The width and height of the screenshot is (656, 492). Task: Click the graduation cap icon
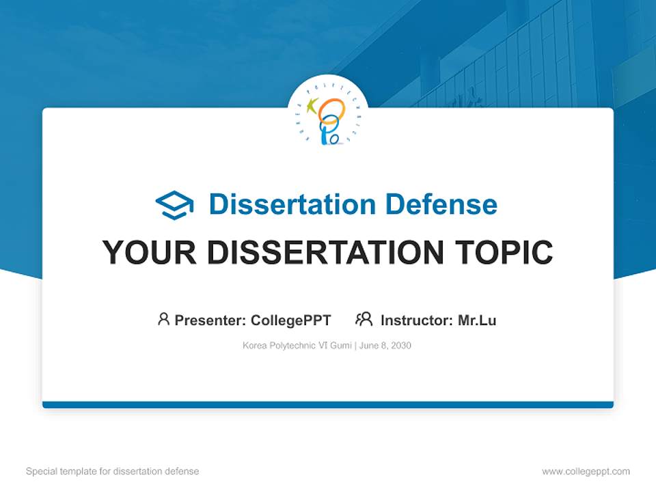(x=174, y=205)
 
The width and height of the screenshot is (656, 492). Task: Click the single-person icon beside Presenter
(x=163, y=319)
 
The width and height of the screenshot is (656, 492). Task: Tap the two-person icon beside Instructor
(x=364, y=319)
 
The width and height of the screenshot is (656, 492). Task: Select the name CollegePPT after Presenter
(x=291, y=320)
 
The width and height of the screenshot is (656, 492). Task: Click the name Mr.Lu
(x=477, y=320)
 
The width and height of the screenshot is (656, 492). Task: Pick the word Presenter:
(x=210, y=320)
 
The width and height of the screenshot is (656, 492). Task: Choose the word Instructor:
(x=417, y=320)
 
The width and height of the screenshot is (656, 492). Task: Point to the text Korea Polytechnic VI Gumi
(x=297, y=346)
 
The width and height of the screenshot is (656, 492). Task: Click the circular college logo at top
(x=328, y=115)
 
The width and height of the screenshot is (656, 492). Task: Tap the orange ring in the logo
(x=332, y=109)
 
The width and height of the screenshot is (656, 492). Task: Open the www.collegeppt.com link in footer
(x=586, y=471)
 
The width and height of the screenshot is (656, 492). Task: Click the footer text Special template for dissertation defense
(x=113, y=471)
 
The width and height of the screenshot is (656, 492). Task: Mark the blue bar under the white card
(x=328, y=405)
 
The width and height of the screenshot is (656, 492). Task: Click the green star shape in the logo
(x=312, y=106)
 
